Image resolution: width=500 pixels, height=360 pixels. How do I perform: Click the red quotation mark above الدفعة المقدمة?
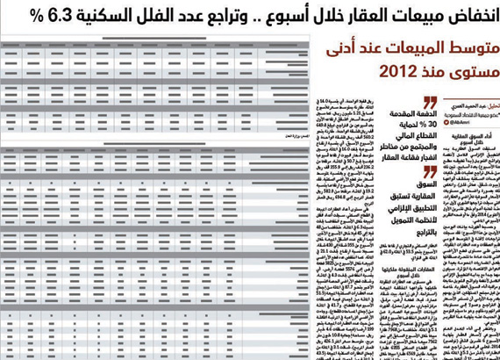(x=430, y=102)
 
